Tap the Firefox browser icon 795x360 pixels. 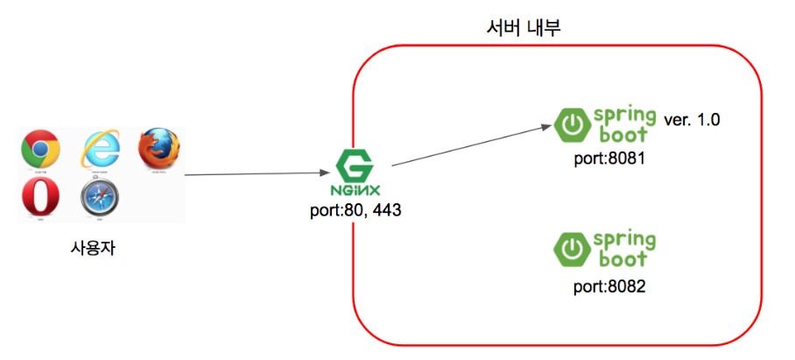[x=159, y=146]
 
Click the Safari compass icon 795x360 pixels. [x=100, y=201]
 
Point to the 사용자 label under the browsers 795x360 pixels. [x=93, y=248]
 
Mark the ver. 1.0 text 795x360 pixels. [x=692, y=120]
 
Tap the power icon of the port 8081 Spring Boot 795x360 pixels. [x=571, y=125]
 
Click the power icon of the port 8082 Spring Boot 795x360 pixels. [x=571, y=249]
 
